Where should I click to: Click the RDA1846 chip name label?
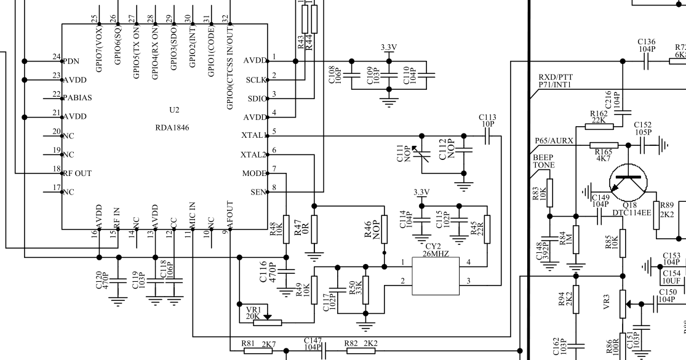point(172,128)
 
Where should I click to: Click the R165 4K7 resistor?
point(604,146)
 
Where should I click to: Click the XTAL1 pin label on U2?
point(253,135)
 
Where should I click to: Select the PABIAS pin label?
point(78,98)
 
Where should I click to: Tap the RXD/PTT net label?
point(556,77)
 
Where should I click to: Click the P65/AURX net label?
point(554,141)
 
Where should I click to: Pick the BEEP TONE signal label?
point(543,162)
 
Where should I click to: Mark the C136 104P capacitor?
point(646,61)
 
